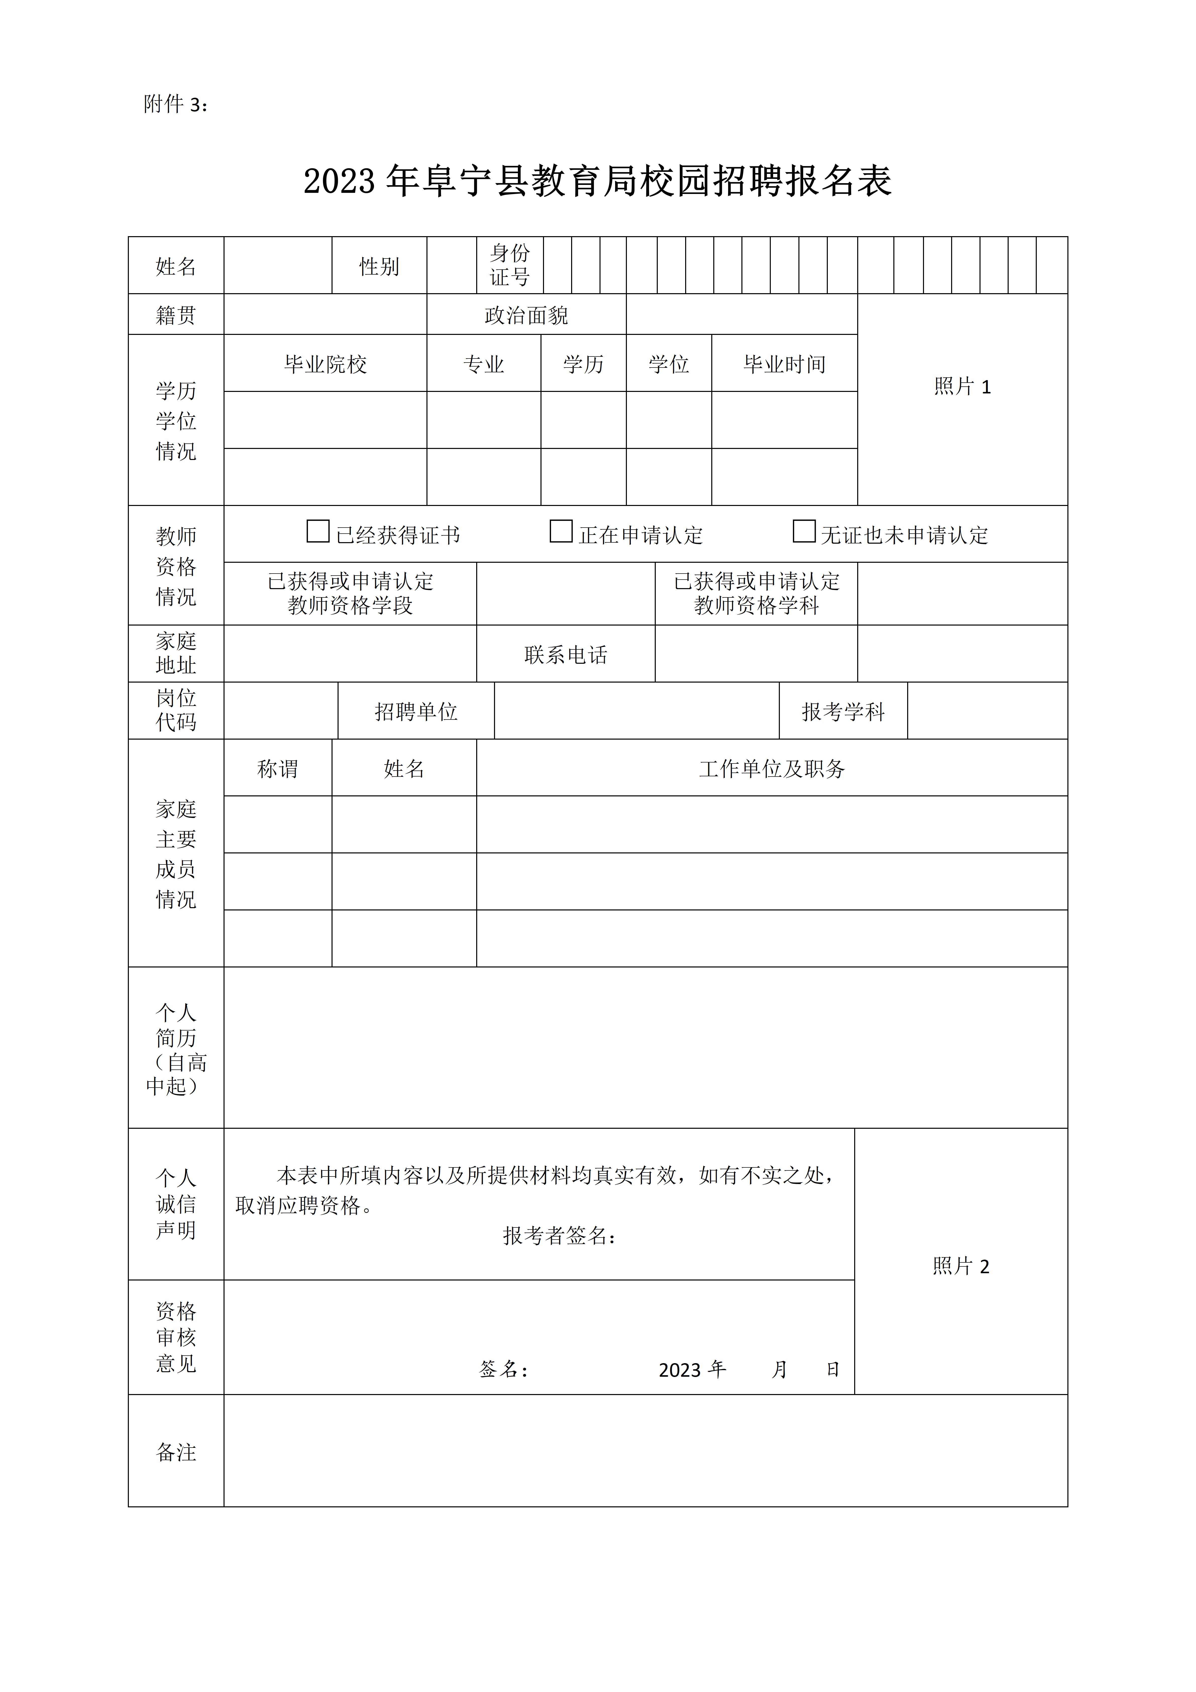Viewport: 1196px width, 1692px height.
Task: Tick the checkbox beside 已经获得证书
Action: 318,531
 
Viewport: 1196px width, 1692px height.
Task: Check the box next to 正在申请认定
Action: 561,531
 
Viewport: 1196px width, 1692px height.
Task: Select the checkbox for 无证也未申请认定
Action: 803,531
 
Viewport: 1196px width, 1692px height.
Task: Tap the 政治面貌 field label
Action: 526,315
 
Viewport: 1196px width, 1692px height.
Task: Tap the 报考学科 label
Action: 843,711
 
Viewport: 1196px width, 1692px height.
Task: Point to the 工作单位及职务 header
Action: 772,768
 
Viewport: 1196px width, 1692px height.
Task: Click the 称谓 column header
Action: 277,768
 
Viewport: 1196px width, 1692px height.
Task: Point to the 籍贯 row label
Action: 176,315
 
